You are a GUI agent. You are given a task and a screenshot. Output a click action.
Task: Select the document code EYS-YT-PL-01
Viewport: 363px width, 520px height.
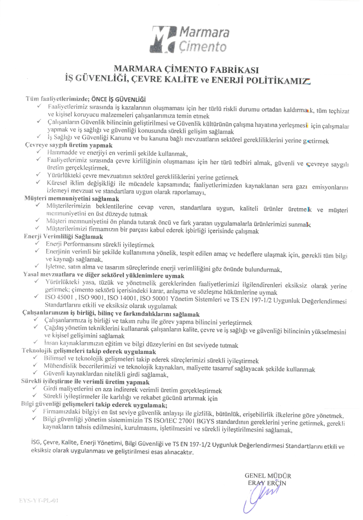click(x=39, y=500)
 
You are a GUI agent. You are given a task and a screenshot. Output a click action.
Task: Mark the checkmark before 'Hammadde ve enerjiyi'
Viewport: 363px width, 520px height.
click(x=39, y=153)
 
